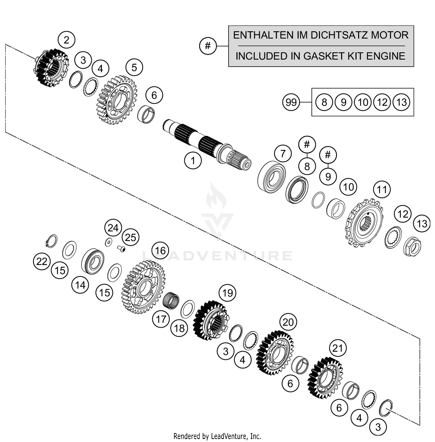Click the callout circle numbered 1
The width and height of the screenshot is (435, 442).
(x=193, y=160)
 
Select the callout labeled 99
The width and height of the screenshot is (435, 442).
(x=291, y=102)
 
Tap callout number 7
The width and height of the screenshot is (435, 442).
(x=283, y=153)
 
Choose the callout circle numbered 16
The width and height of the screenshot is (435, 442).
(x=160, y=251)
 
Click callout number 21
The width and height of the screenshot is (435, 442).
(x=338, y=348)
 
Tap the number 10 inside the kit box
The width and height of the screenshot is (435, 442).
(x=363, y=102)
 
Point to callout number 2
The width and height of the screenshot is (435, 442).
(x=66, y=40)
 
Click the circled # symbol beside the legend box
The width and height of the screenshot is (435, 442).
(x=208, y=46)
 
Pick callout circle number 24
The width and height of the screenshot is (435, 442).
(x=113, y=228)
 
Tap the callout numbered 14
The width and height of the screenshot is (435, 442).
(x=80, y=285)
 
